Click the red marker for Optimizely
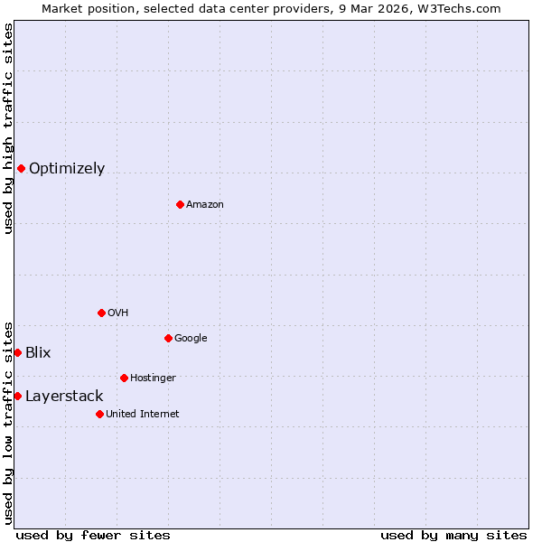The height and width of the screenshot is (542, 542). click(x=21, y=168)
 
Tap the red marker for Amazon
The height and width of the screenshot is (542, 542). click(x=180, y=204)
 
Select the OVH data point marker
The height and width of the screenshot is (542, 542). click(x=101, y=313)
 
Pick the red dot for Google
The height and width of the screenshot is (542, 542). click(x=168, y=338)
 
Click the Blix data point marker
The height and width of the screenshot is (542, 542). click(x=17, y=352)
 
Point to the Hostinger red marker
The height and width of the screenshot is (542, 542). click(x=124, y=378)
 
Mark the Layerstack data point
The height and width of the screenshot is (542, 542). click(x=17, y=396)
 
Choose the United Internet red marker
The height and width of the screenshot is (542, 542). click(x=99, y=414)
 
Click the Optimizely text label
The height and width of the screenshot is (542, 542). click(x=67, y=169)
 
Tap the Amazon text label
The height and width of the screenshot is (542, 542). click(x=205, y=205)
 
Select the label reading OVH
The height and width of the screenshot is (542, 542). click(x=117, y=313)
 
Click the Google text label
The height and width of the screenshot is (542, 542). click(x=191, y=339)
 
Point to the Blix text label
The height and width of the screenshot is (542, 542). click(x=38, y=353)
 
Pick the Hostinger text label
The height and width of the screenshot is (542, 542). click(x=153, y=378)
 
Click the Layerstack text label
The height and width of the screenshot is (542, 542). click(x=64, y=397)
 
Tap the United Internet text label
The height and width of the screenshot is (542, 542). click(x=143, y=415)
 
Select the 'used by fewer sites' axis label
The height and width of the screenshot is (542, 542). click(x=93, y=535)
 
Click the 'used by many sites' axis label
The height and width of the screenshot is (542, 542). click(x=453, y=535)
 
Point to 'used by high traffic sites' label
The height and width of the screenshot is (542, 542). click(x=8, y=128)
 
